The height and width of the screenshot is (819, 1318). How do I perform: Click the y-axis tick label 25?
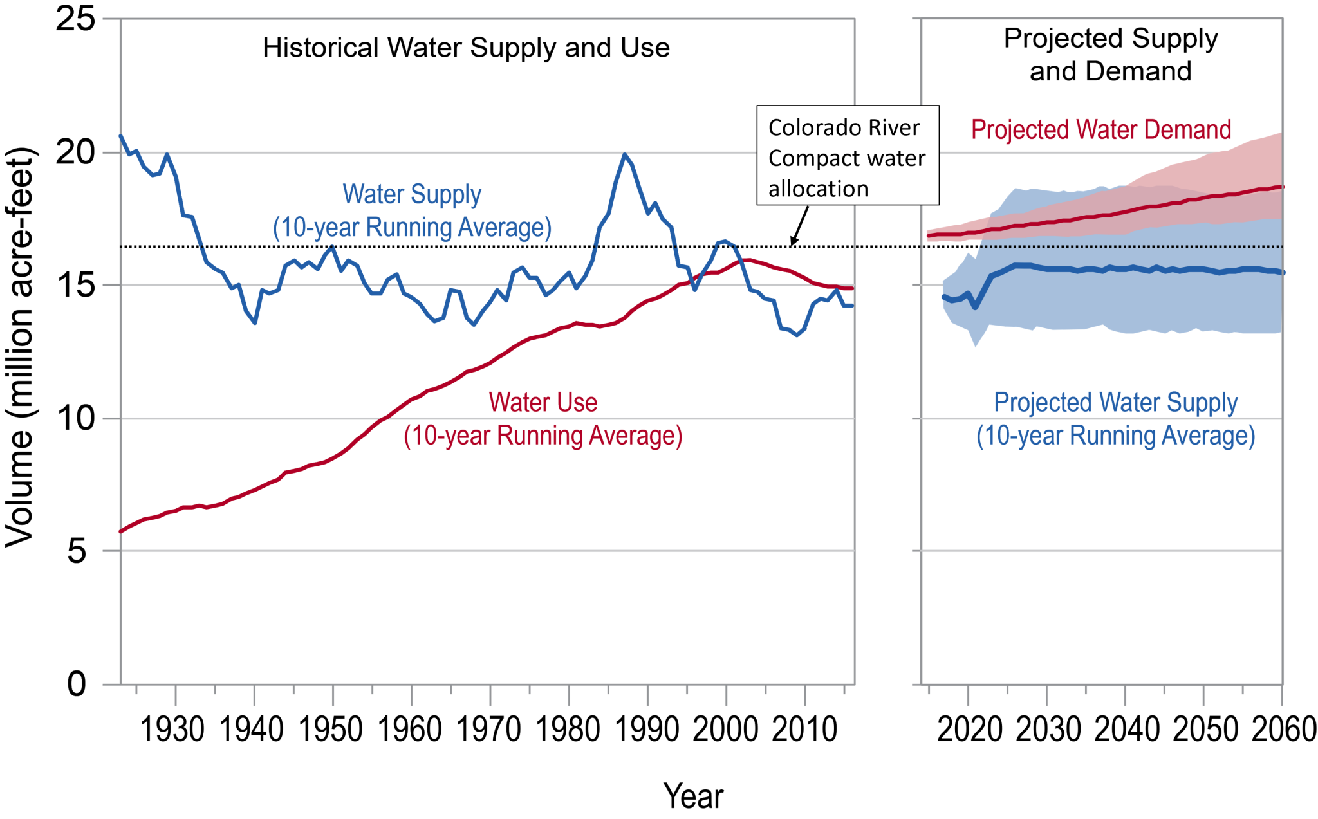(75, 19)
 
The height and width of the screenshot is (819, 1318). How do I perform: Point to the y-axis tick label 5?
(77, 551)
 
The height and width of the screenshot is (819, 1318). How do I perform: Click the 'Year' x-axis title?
(693, 796)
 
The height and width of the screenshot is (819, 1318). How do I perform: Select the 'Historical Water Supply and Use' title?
(466, 48)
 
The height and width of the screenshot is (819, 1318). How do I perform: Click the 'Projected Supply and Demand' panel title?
(1110, 55)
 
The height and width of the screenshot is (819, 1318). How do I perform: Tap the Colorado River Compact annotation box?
(847, 156)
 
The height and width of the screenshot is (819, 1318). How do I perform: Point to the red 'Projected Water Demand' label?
(1100, 130)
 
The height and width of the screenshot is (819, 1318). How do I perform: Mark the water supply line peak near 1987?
(624, 154)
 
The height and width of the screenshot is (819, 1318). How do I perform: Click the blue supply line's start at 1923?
(121, 136)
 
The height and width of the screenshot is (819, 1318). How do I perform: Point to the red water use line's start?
(121, 531)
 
